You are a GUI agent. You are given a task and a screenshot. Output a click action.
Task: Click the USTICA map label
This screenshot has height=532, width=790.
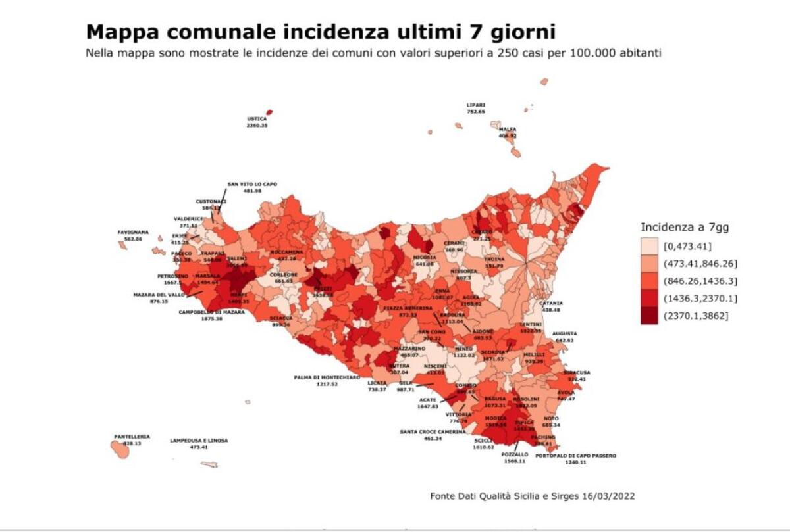point(257,119)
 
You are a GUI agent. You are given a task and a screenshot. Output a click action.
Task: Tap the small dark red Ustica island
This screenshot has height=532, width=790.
point(269,112)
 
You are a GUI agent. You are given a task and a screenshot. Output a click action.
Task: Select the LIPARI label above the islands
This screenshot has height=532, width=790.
point(475,105)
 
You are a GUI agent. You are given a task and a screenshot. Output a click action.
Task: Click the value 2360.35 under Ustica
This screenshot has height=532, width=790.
point(257,125)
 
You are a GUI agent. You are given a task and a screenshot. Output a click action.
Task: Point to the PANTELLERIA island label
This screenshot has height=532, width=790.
point(132,437)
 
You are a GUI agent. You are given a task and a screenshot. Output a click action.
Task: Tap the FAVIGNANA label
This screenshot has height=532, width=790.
point(133,232)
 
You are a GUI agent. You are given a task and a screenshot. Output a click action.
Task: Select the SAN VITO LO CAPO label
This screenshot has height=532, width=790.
point(252,185)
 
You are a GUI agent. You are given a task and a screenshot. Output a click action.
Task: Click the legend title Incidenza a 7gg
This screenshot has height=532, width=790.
point(685,228)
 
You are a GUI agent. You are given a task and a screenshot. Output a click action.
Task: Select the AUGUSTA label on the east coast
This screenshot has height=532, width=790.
point(564,334)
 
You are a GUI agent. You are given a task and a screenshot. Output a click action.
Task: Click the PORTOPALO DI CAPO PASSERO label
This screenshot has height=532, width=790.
point(575,456)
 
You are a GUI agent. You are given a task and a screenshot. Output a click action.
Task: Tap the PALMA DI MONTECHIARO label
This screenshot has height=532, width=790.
point(327,377)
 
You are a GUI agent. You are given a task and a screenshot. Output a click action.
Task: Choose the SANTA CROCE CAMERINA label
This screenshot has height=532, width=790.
point(433,432)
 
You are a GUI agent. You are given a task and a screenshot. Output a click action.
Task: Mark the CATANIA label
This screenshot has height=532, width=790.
point(551,303)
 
